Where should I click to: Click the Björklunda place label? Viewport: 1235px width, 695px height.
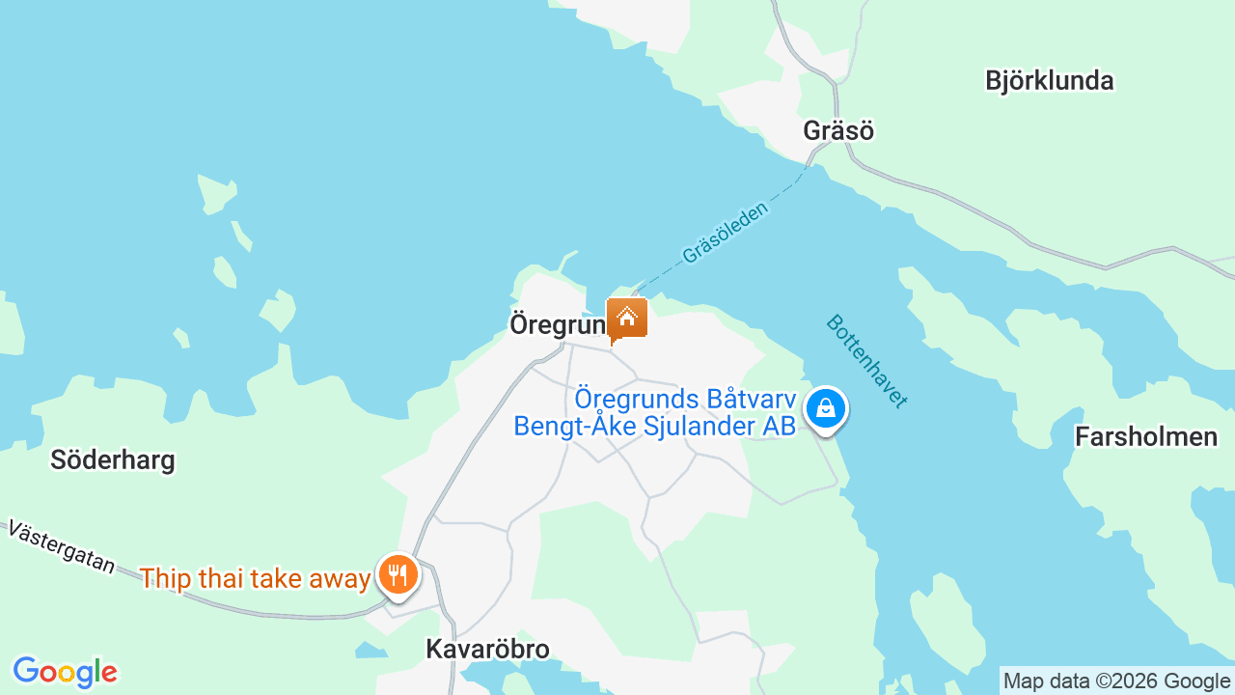(1049, 80)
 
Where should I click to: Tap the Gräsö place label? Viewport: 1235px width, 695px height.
(838, 130)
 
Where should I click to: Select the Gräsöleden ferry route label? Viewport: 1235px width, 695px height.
(726, 233)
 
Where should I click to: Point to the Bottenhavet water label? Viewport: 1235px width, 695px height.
(866, 361)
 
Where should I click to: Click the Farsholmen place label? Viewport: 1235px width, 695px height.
(1146, 437)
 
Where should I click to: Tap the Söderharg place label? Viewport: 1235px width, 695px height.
(113, 459)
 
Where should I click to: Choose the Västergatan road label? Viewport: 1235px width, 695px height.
(61, 547)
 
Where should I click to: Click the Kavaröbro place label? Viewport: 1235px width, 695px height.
(487, 650)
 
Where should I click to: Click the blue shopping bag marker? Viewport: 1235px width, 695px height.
(826, 408)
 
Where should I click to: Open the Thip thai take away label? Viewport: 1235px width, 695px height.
(255, 578)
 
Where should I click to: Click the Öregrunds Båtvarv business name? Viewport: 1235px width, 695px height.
(685, 398)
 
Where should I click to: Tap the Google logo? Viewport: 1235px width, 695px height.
(65, 672)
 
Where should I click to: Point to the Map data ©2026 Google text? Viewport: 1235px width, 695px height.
(1116, 681)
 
